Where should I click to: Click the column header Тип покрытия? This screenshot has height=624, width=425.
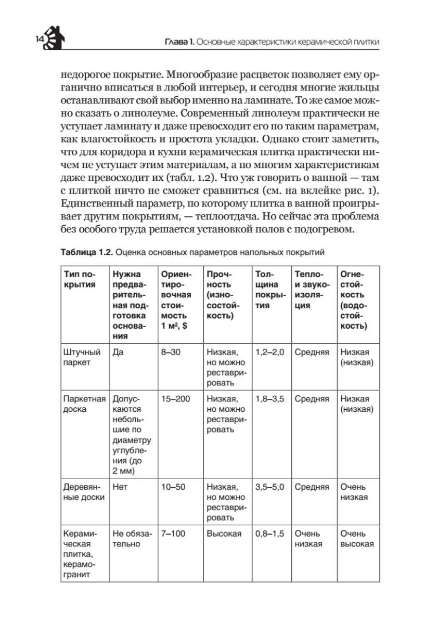click(x=79, y=279)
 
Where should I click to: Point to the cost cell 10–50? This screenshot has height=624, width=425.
click(x=173, y=488)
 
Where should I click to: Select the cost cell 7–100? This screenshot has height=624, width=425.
click(x=173, y=534)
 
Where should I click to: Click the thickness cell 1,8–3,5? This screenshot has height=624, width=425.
click(x=270, y=399)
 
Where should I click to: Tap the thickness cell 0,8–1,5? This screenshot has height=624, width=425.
click(x=270, y=534)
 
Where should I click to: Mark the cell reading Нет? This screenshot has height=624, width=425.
click(x=120, y=488)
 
